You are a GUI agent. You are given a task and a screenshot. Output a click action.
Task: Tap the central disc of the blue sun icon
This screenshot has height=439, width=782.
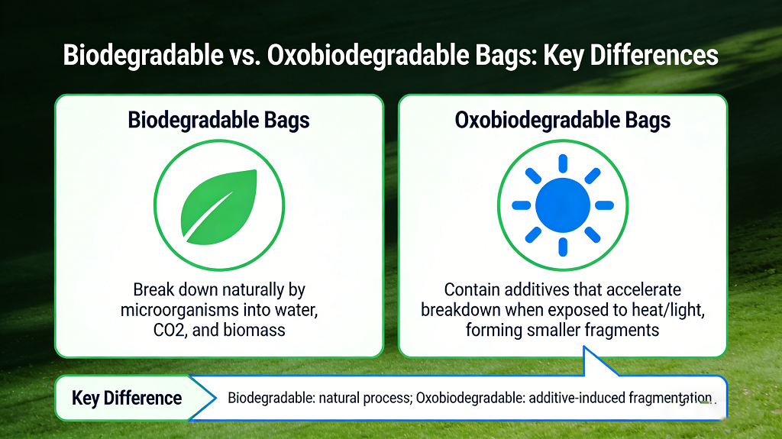point(562,205)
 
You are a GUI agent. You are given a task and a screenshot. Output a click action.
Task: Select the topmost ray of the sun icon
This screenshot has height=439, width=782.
point(563,163)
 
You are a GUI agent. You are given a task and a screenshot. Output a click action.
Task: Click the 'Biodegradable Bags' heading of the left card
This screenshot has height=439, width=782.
point(219,121)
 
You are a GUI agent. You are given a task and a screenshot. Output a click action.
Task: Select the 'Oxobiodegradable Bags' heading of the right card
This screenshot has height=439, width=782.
point(563,121)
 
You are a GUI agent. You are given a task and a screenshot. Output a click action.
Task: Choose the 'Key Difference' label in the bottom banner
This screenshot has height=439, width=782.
point(127,398)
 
